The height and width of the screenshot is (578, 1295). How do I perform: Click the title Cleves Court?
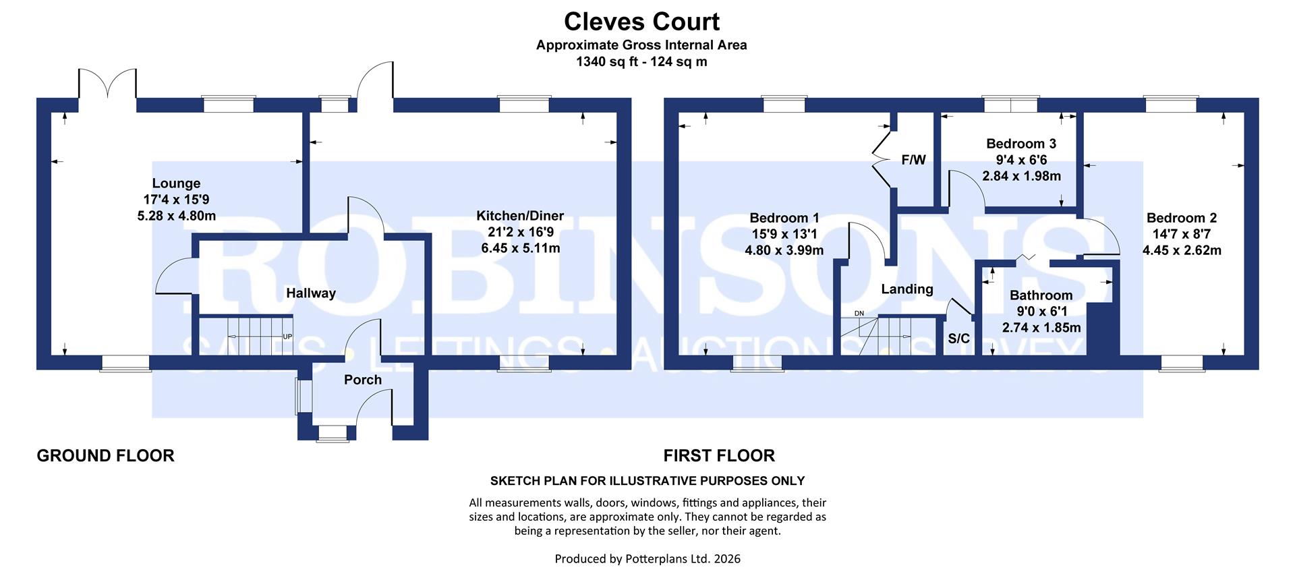pyautogui.click(x=641, y=22)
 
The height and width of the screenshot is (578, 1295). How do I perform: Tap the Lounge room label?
pyautogui.click(x=176, y=183)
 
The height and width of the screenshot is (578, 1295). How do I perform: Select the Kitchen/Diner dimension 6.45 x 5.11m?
pyautogui.click(x=520, y=248)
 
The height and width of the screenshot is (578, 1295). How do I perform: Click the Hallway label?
pyautogui.click(x=310, y=293)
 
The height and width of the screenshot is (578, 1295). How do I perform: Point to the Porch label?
pyautogui.click(x=363, y=380)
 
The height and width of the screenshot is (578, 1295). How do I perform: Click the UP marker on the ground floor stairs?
pyautogui.click(x=287, y=336)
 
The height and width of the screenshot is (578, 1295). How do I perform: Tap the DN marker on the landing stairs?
pyautogui.click(x=859, y=314)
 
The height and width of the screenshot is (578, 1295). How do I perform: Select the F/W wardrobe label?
pyautogui.click(x=913, y=161)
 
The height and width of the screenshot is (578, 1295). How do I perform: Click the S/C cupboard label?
pyautogui.click(x=958, y=339)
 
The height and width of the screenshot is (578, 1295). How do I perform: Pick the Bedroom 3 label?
pyautogui.click(x=1020, y=144)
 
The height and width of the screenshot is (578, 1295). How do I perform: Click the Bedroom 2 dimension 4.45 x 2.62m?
pyautogui.click(x=1181, y=250)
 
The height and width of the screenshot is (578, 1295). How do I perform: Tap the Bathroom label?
pyautogui.click(x=1041, y=295)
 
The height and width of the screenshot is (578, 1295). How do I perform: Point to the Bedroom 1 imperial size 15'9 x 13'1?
pyautogui.click(x=784, y=234)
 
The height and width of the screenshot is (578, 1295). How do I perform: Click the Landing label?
pyautogui.click(x=907, y=289)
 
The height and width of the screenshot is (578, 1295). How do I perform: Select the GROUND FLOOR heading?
pyautogui.click(x=105, y=456)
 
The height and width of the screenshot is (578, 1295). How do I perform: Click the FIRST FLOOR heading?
pyautogui.click(x=719, y=456)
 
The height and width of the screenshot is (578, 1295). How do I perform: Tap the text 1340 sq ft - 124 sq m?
pyautogui.click(x=641, y=62)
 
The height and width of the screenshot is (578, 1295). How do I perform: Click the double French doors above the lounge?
pyautogui.click(x=108, y=84)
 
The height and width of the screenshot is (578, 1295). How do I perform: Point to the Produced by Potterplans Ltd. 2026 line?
pyautogui.click(x=647, y=558)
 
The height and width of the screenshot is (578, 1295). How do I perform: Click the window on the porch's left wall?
pyautogui.click(x=298, y=396)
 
